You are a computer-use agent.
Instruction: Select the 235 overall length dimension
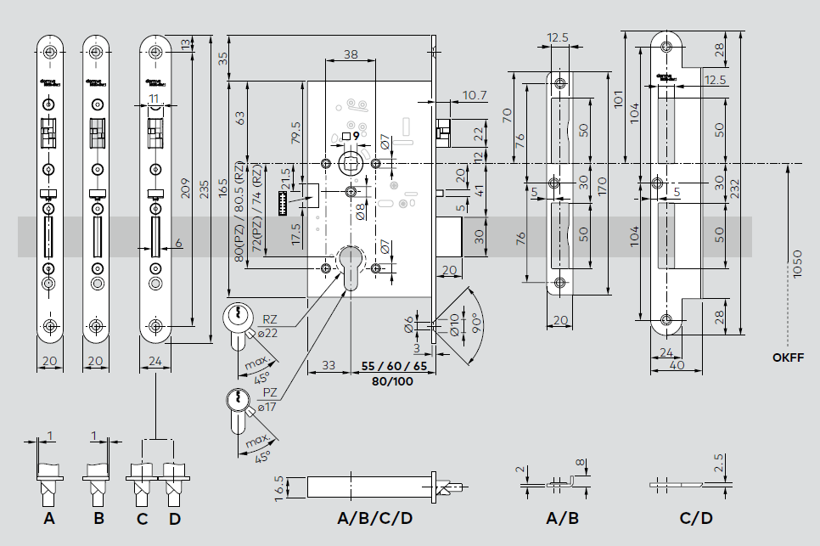tap(204, 191)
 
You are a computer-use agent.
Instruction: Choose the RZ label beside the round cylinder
tap(269, 319)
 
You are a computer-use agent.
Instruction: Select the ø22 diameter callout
tap(269, 333)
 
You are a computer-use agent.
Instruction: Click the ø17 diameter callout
tap(271, 408)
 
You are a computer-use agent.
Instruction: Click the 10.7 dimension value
tap(475, 95)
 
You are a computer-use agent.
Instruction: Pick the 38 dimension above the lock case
tap(350, 55)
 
